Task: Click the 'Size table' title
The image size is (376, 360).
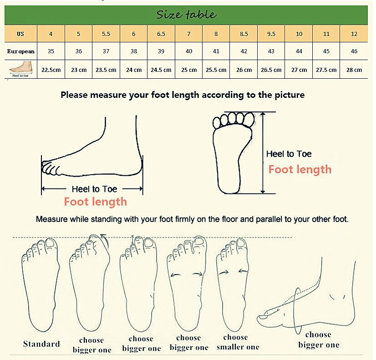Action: pos(186,15)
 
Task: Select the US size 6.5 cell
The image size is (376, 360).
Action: pos(161,34)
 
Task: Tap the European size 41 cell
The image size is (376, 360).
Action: pos(216,51)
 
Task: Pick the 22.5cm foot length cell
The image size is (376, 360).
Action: pos(51,70)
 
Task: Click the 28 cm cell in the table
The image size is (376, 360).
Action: pos(354,70)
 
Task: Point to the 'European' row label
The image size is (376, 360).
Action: pos(20,51)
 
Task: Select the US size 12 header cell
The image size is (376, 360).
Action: pos(354,34)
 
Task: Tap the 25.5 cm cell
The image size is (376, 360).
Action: pos(216,70)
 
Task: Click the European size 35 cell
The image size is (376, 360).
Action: pos(51,51)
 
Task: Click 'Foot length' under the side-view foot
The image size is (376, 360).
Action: pos(95,202)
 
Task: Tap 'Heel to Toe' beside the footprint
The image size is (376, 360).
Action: pos(289,154)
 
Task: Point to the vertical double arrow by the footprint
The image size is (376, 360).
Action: pos(263,152)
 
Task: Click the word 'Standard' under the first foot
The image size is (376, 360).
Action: pos(41,344)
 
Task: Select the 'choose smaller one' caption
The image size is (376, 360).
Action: pos(238,342)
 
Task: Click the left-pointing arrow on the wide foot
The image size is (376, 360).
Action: pos(176,275)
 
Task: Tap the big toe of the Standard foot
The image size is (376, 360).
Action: pos(51,244)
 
